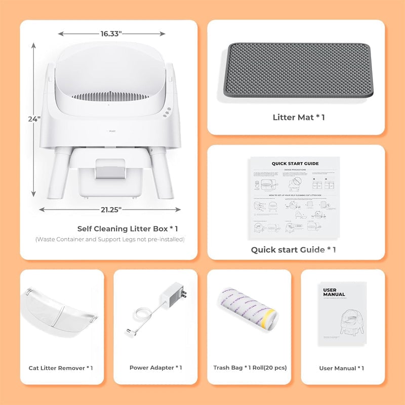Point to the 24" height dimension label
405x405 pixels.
pyautogui.click(x=34, y=119)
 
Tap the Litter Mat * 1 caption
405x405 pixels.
pyautogui.click(x=299, y=117)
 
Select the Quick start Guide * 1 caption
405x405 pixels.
pyautogui.click(x=294, y=250)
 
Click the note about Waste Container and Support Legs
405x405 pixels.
pyautogui.click(x=110, y=239)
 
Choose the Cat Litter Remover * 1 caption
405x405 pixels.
pyautogui.click(x=61, y=368)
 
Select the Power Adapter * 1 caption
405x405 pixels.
pyautogui.click(x=155, y=368)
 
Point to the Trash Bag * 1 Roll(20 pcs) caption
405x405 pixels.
pyautogui.click(x=250, y=368)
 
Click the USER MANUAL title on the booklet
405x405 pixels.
pyautogui.click(x=334, y=293)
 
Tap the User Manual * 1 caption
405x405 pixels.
pyautogui.click(x=342, y=368)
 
